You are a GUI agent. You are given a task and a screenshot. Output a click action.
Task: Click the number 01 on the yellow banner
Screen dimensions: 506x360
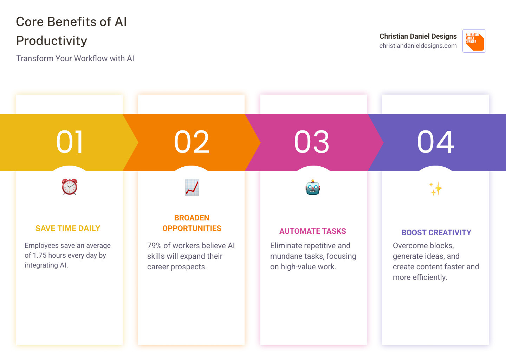(69, 142)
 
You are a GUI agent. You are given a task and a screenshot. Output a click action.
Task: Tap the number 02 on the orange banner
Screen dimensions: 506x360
(192, 142)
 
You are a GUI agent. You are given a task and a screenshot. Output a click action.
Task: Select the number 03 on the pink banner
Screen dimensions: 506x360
(312, 142)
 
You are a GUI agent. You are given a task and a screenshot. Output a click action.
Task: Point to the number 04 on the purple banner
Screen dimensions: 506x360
(435, 142)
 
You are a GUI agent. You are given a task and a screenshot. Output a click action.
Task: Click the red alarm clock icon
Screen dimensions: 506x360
(70, 187)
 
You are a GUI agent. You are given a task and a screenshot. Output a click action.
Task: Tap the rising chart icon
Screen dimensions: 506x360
(192, 187)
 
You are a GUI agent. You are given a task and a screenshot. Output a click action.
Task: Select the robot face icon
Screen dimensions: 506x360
(313, 187)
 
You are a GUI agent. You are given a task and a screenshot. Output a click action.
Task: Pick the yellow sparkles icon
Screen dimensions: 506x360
(436, 188)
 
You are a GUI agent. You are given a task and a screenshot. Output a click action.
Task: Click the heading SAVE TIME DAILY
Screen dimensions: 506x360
(68, 228)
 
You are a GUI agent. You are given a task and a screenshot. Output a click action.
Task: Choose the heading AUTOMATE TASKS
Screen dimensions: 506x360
(313, 231)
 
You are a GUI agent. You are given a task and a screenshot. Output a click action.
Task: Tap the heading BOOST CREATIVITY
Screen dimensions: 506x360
(436, 232)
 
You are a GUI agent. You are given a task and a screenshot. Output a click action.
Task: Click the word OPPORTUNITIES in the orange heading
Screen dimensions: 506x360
(192, 228)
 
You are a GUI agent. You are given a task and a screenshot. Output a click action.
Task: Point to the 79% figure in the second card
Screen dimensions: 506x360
(154, 245)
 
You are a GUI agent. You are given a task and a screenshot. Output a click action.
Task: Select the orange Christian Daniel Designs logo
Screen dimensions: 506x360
(474, 41)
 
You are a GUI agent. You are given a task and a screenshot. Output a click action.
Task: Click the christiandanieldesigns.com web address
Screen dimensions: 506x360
(418, 46)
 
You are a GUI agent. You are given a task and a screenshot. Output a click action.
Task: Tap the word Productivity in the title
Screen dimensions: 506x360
(52, 41)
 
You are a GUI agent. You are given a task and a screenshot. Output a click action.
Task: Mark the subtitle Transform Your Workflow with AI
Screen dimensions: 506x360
(75, 58)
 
